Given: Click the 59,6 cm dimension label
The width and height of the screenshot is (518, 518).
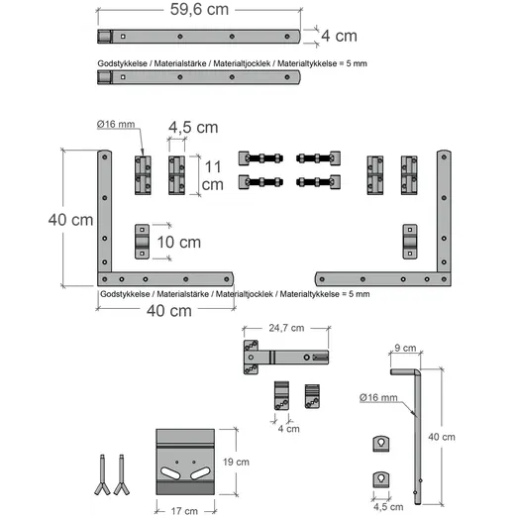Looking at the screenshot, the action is point(199,9).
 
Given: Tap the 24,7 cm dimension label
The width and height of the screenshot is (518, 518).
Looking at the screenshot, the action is point(286,328).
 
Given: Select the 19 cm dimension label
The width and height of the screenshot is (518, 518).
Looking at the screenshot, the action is point(236,462).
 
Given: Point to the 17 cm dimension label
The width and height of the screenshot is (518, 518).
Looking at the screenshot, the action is point(184,511).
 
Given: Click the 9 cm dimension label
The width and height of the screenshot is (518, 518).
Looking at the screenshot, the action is point(405,348).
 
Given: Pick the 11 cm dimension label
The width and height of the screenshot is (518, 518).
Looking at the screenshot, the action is point(212,175).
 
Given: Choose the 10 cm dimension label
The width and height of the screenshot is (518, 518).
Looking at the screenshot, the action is point(178,242).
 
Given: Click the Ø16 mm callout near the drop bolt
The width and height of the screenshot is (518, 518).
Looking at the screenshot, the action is point(378,397).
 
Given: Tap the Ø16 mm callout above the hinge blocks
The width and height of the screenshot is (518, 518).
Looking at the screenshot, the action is point(116,124).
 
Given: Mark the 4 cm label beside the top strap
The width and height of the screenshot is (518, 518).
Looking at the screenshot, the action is point(339,36).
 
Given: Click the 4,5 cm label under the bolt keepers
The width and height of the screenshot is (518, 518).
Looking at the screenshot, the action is point(388,507).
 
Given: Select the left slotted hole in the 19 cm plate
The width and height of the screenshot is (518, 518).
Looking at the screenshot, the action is point(170,473).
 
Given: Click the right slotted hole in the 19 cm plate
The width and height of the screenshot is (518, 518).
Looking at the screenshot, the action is point(200,473).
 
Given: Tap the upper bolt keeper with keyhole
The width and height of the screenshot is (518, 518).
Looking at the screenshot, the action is point(381,444).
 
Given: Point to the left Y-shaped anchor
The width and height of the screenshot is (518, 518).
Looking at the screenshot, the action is point(102,474).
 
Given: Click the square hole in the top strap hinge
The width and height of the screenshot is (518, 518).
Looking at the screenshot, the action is point(123,37).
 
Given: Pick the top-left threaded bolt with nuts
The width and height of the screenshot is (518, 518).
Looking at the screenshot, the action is point(260,158).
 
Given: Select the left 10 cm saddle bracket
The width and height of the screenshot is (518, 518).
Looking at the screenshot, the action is point(142,242).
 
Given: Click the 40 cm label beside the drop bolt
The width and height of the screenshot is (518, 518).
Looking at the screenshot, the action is point(442,437).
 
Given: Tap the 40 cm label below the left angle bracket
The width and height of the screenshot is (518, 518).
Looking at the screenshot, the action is point(169,311).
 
